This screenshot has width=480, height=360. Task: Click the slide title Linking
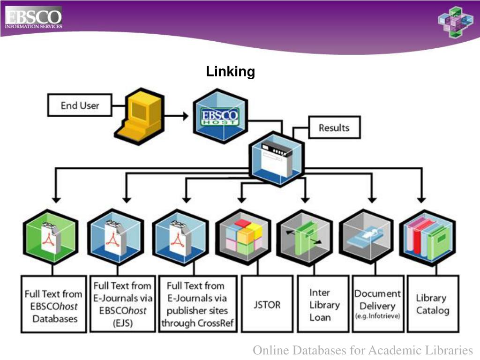230,72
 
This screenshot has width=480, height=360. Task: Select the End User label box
80,105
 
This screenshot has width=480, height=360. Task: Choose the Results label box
334,127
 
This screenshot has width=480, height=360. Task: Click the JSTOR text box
267,305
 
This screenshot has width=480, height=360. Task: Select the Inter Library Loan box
324,305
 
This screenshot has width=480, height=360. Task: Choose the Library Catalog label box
432,304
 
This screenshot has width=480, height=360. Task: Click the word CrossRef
217,323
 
